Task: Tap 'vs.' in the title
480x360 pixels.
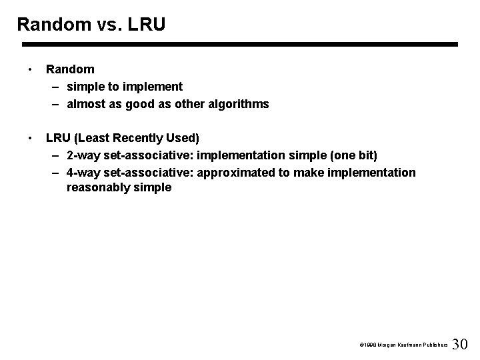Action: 109,25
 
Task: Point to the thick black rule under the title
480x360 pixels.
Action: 240,45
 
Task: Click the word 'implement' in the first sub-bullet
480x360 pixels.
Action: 154,87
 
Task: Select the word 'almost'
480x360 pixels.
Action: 85,104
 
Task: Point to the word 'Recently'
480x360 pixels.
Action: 135,138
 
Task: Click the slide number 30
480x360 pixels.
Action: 460,345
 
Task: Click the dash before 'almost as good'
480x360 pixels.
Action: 54,104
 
